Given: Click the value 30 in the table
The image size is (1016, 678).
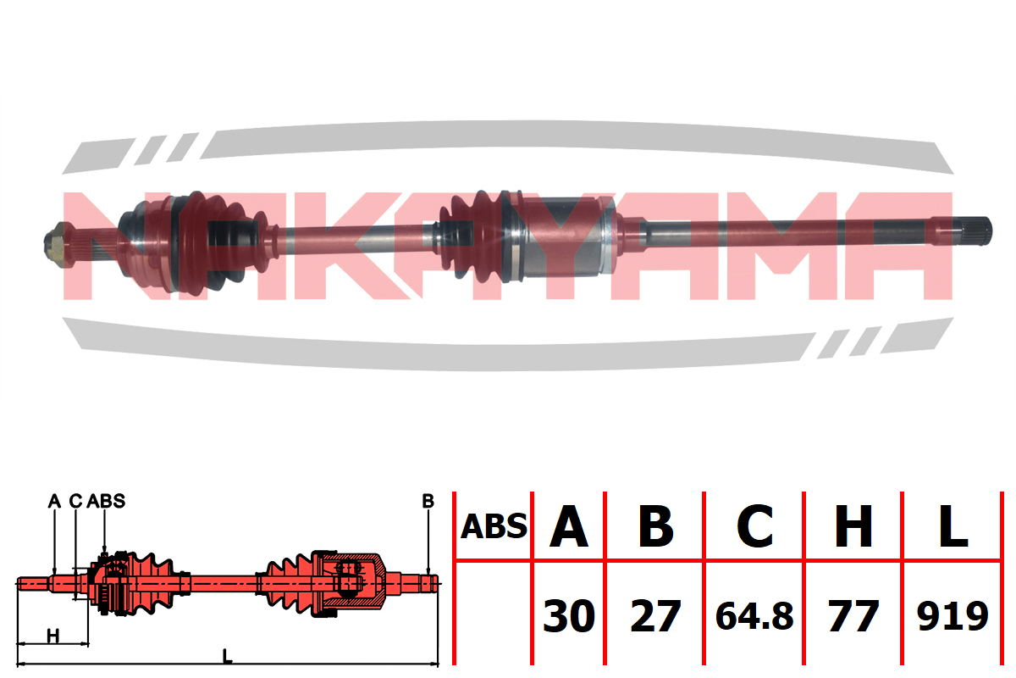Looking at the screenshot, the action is pyautogui.click(x=569, y=616).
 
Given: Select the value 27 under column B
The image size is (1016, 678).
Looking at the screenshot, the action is pyautogui.click(x=655, y=616).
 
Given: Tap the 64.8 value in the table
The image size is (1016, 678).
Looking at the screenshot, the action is pyautogui.click(x=754, y=616).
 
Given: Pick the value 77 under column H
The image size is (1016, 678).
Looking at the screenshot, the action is pyautogui.click(x=853, y=616).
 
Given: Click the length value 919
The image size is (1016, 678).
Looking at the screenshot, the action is pyautogui.click(x=952, y=616).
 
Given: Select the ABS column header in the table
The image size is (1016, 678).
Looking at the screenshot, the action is pyautogui.click(x=494, y=526).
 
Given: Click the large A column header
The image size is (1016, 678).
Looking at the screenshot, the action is pyautogui.click(x=569, y=526).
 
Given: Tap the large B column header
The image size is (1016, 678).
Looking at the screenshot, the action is pyautogui.click(x=656, y=526).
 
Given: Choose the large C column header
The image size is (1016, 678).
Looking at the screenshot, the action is pyautogui.click(x=754, y=526).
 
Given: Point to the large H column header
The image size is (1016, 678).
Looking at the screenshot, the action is pyautogui.click(x=853, y=526).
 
